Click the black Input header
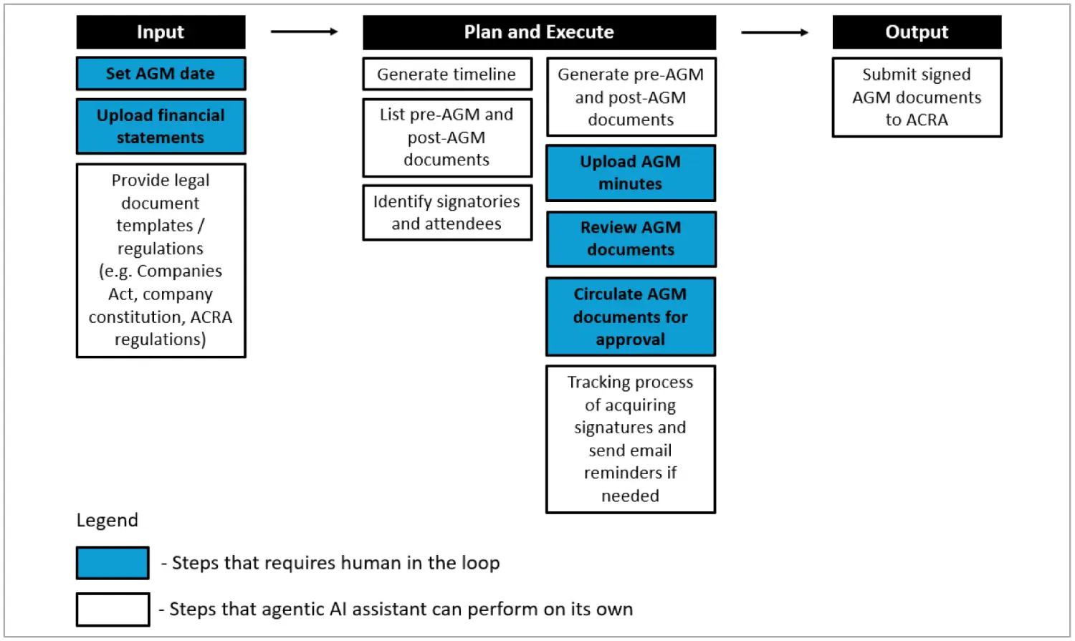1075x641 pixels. coord(161,32)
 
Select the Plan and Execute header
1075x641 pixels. coord(540,32)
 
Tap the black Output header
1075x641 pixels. coord(917,32)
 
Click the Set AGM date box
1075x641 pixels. coord(161,74)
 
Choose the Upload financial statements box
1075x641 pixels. coord(161,127)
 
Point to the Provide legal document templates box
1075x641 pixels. coord(161,261)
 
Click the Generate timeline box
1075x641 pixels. coord(447,74)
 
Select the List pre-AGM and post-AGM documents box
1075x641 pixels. coord(447,138)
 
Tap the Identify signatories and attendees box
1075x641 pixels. coord(447,213)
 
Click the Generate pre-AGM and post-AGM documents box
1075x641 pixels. coord(631,97)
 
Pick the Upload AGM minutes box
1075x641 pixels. coord(631,173)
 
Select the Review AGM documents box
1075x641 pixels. coord(631,239)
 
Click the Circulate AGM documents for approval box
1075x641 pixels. coord(631,317)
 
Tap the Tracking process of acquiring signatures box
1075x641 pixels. coord(631,439)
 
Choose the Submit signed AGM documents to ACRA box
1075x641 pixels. coord(917,97)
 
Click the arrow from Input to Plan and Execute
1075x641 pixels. coord(305,32)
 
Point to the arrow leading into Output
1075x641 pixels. coord(775,32)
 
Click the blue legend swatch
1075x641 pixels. coord(113,563)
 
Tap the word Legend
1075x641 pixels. coord(107,521)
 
